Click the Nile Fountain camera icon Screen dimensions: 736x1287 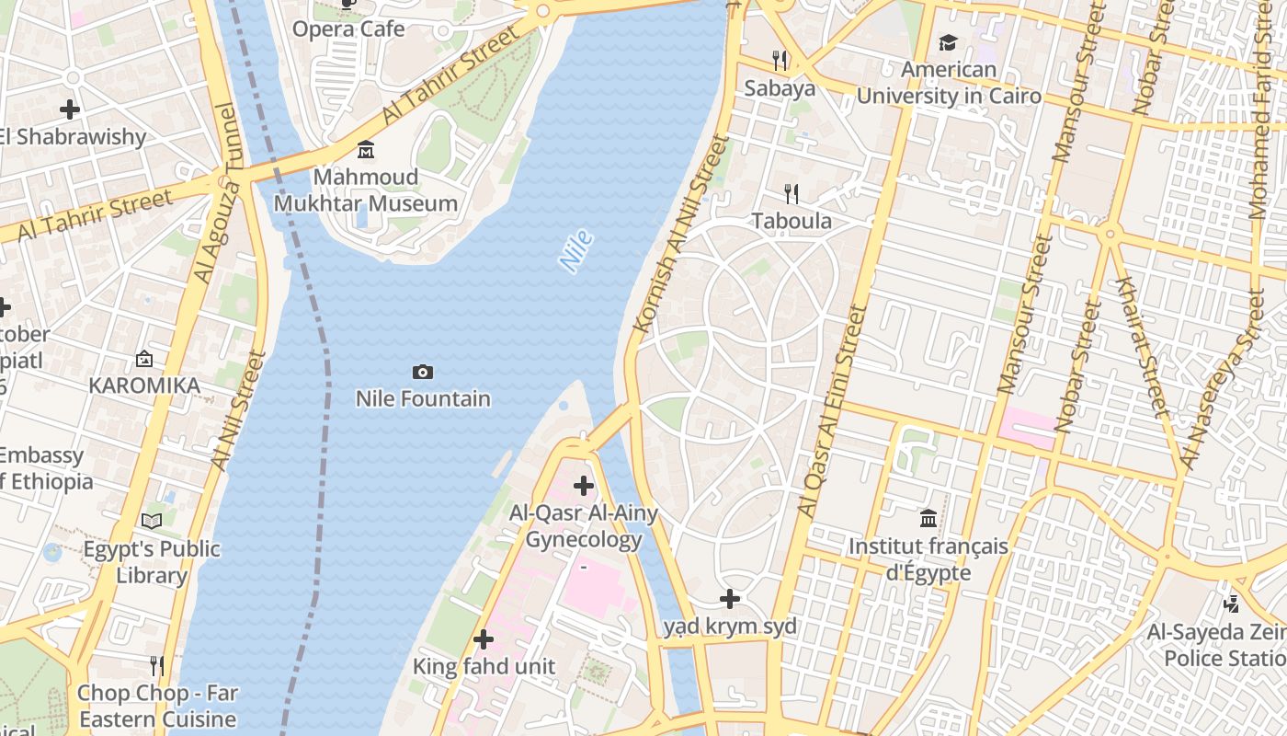(423, 372)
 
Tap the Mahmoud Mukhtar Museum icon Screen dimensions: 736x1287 (366, 149)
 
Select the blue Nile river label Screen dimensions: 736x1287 (575, 252)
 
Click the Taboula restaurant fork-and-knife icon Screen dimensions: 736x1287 (791, 193)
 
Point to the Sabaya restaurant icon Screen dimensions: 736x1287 (780, 61)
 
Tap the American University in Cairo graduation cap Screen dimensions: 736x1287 (948, 42)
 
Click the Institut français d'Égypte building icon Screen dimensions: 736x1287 (928, 519)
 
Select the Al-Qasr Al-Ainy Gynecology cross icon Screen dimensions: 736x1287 (583, 485)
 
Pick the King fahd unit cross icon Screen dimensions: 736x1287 (483, 638)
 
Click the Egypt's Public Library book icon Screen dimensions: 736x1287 (152, 522)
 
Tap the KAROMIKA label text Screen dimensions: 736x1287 (144, 385)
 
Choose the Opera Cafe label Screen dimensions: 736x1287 (348, 29)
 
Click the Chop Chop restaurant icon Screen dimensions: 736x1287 (157, 665)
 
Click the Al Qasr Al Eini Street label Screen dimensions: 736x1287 (833, 411)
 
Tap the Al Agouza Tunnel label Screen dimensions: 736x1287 (215, 193)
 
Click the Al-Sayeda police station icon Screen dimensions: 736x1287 (1232, 604)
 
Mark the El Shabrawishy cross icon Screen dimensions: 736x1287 (70, 109)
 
